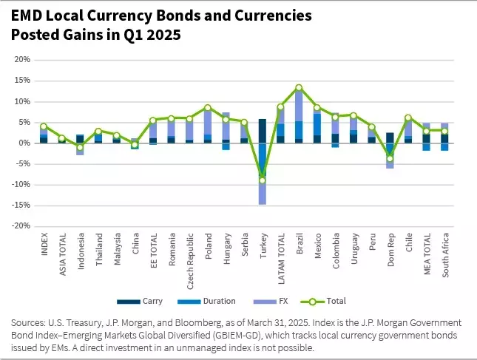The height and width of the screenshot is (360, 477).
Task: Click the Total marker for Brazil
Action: click(x=299, y=87)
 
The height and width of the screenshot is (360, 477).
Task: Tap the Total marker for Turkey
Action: click(x=263, y=180)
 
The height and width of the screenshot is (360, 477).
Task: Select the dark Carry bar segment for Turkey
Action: click(x=263, y=131)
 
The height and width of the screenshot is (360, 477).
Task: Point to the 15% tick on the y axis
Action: click(x=22, y=81)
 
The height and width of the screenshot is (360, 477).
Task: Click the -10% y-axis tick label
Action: click(x=21, y=185)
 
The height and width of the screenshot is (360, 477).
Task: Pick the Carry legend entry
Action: click(x=140, y=302)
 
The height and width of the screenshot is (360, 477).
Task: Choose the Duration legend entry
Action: click(x=206, y=302)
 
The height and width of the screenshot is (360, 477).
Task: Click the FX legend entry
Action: click(x=271, y=302)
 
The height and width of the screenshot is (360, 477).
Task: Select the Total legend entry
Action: click(x=323, y=302)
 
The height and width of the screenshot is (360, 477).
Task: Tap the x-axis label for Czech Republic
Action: click(x=190, y=261)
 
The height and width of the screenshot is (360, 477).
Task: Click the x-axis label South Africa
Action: click(x=445, y=255)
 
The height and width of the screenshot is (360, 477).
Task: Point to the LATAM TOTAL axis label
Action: click(x=281, y=259)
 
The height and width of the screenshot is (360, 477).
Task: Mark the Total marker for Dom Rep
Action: click(x=390, y=158)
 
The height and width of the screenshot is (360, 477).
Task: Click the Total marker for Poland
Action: click(x=208, y=108)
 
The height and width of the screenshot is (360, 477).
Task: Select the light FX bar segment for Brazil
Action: click(x=299, y=106)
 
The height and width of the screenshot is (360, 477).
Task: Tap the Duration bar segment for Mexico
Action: click(x=317, y=124)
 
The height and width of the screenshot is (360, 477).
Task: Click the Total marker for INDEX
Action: click(x=44, y=126)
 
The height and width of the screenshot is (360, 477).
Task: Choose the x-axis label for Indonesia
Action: click(x=81, y=251)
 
